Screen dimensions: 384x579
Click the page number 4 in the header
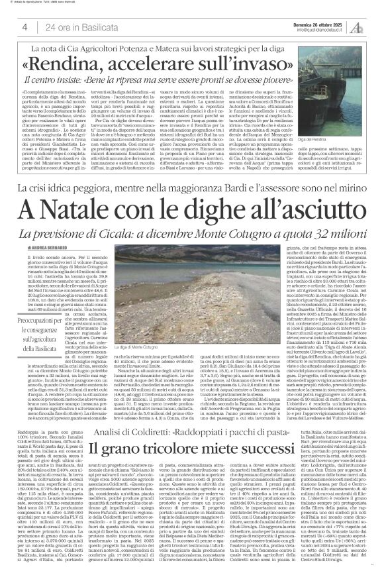24,26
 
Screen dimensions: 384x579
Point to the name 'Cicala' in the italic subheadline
133,236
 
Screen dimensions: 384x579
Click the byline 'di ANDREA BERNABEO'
46,247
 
